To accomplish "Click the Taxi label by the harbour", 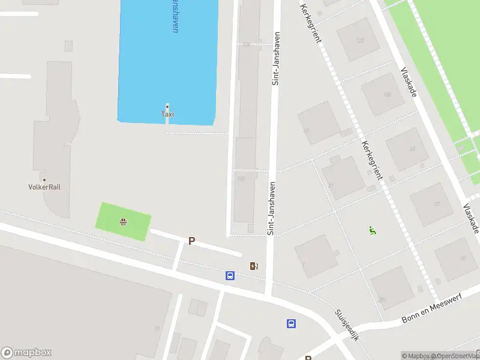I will [x=168, y=114].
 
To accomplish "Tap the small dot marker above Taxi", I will [x=167, y=106].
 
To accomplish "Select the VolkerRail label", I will [x=44, y=187].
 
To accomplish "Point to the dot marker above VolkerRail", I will [x=44, y=179].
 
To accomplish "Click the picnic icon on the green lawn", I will [x=123, y=222].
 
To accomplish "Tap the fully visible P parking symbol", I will [x=192, y=241].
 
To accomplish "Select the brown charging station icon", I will [x=254, y=266].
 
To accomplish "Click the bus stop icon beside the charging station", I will [x=230, y=276].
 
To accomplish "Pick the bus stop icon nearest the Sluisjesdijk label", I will [x=292, y=323].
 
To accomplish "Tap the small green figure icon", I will [x=373, y=230].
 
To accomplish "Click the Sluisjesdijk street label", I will [x=346, y=325].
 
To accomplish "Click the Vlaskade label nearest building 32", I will [x=470, y=218].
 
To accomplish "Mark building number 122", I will [x=360, y=41].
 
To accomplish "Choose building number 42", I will [x=412, y=149].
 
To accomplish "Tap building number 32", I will [x=436, y=204].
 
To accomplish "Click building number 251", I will [x=382, y=300].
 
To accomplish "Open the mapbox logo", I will [x=26, y=353].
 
